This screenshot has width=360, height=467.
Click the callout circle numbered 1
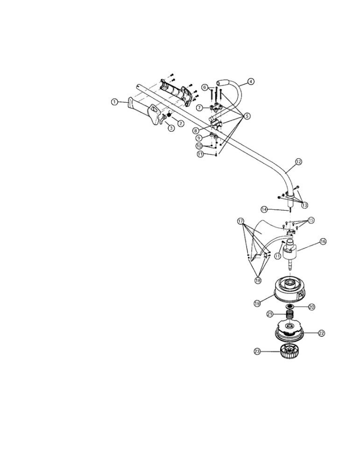point(114,102)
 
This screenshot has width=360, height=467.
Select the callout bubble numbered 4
point(251,81)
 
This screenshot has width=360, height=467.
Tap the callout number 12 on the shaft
point(298,162)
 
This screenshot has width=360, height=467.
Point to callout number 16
point(323,241)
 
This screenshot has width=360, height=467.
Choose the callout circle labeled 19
point(257,303)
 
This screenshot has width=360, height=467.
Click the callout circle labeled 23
point(257,352)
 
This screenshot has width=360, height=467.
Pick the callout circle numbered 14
point(264,209)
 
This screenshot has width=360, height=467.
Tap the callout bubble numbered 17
point(240,221)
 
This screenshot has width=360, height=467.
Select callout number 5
point(247,116)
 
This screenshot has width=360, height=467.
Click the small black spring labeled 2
point(169,115)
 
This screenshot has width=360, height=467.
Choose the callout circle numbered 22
point(321,333)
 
